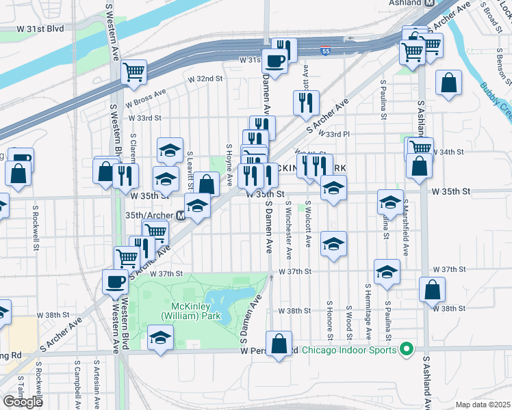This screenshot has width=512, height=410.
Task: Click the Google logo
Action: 23,402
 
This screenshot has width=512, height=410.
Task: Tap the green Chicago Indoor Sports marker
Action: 406,350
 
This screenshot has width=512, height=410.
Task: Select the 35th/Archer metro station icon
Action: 181,215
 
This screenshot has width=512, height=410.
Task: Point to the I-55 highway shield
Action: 327,51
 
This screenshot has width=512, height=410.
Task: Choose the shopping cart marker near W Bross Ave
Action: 134,71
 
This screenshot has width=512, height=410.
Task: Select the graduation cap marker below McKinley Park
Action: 160,338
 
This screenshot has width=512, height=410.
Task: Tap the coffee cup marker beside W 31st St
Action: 275,60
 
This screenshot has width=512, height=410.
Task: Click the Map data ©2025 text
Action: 483,405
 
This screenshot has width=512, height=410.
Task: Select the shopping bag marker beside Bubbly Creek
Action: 448,83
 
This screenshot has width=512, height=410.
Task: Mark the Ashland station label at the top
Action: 409,3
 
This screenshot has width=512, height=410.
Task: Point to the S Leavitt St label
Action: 190,171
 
